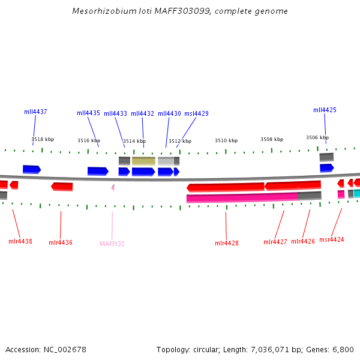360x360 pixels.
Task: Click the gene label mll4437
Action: (35, 112)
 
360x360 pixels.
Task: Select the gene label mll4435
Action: (88, 113)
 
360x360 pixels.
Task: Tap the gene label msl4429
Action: (196, 113)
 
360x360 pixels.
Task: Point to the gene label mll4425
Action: (325, 110)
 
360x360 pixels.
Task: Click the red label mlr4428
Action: (226, 243)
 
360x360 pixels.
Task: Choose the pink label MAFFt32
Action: (112, 244)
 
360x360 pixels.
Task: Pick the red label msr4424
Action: (332, 239)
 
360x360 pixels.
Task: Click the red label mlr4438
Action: (20, 241)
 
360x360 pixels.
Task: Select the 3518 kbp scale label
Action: (43, 139)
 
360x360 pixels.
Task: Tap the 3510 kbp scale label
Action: (226, 140)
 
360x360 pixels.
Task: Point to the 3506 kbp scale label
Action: (317, 137)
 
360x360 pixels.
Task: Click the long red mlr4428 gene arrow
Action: (226, 187)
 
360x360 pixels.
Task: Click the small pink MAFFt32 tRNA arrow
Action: (113, 188)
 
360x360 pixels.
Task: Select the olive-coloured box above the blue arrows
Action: (143, 161)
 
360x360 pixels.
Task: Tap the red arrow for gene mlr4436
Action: (62, 187)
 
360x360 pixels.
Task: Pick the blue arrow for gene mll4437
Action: (31, 169)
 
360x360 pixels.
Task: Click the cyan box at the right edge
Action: (356, 193)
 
